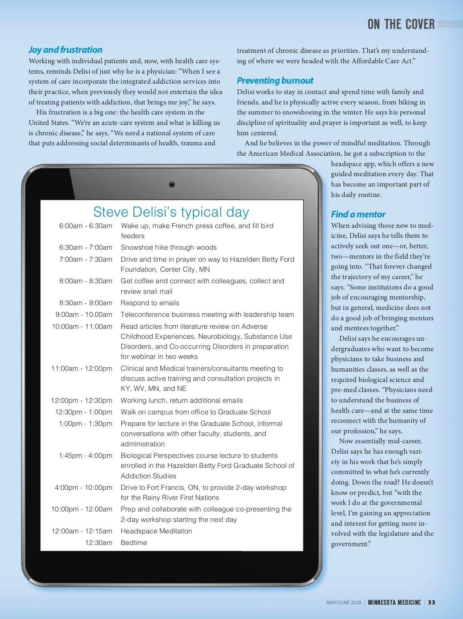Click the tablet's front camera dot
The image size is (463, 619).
(x=172, y=184)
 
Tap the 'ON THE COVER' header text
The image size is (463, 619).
(x=401, y=25)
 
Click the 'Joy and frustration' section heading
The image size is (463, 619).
(x=65, y=50)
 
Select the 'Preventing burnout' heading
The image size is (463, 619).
(x=275, y=81)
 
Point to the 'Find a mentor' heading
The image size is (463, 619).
(x=358, y=214)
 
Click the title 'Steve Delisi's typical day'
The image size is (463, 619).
(x=171, y=212)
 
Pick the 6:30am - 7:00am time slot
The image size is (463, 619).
(x=86, y=247)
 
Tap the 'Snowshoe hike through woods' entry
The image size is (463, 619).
(x=169, y=247)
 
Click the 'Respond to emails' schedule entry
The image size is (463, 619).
(x=150, y=303)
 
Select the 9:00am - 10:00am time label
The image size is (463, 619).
(x=84, y=315)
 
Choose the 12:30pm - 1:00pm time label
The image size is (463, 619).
(x=83, y=412)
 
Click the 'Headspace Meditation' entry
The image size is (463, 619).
(x=156, y=531)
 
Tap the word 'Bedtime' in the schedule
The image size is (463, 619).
(x=133, y=543)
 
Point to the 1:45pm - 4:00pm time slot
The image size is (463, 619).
(x=85, y=456)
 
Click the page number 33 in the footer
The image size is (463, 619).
(x=431, y=602)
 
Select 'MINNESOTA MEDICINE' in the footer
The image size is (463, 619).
(x=394, y=602)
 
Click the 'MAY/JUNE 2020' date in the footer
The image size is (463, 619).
(x=343, y=603)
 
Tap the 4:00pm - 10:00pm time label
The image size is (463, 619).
(x=83, y=488)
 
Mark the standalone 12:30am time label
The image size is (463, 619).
(x=98, y=543)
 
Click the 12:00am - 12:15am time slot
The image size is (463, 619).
(x=82, y=531)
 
